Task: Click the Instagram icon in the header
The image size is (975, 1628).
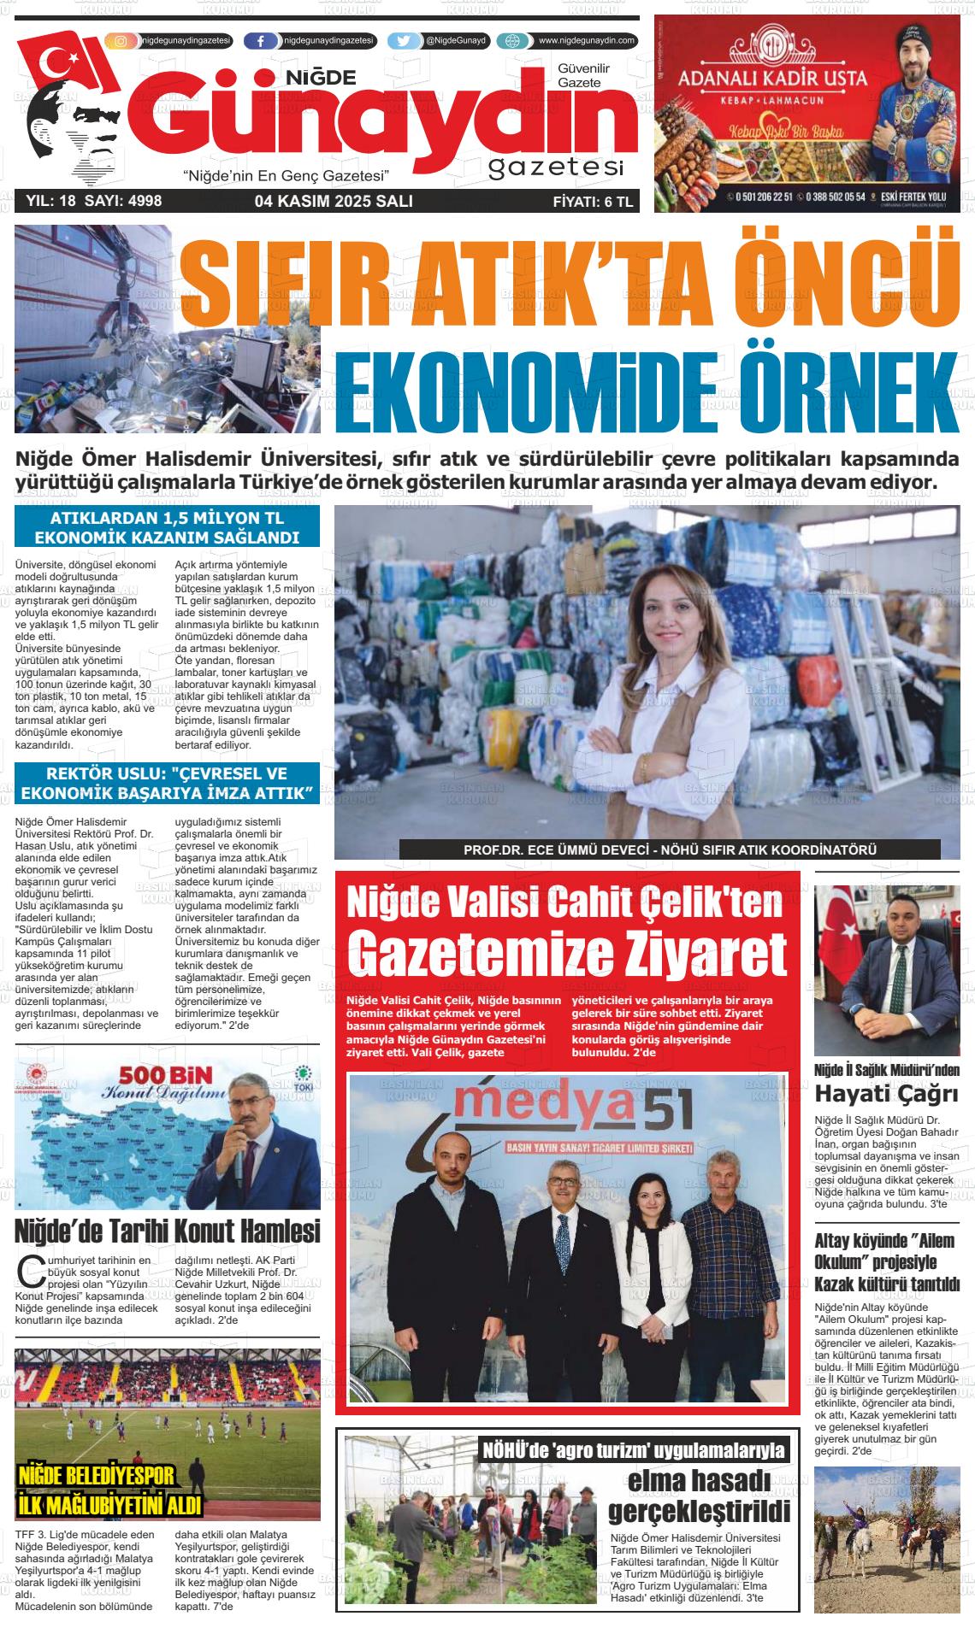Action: click(121, 41)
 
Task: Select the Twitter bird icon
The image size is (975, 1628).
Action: click(404, 41)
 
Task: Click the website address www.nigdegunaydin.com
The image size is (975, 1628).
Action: click(586, 40)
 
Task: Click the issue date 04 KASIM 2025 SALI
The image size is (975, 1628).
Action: click(334, 202)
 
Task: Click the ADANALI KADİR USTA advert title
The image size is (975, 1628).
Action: click(771, 79)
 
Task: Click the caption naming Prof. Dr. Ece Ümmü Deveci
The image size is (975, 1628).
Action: click(670, 850)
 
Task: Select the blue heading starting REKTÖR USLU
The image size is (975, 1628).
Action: click(167, 784)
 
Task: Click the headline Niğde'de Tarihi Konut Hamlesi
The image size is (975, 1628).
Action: click(168, 1231)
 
